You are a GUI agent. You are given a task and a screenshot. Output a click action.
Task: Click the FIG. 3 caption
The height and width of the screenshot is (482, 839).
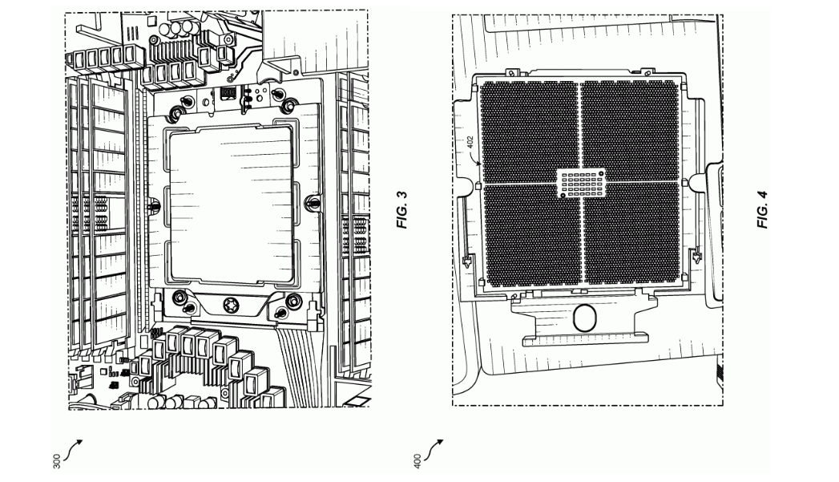(401, 209)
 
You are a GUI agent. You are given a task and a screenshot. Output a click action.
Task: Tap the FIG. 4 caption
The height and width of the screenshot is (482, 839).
(763, 209)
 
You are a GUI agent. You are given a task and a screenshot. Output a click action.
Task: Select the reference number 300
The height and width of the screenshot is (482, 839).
(57, 461)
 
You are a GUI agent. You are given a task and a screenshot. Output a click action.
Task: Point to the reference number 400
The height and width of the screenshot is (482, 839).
(417, 461)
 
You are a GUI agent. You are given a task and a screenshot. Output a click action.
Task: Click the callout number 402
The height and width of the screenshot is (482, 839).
(470, 143)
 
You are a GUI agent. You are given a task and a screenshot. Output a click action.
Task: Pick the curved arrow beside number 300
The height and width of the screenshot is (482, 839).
(73, 450)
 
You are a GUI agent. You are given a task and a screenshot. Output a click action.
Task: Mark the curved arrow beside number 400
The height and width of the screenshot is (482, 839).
(434, 450)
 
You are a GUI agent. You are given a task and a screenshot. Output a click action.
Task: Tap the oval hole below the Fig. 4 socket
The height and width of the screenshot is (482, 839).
(583, 318)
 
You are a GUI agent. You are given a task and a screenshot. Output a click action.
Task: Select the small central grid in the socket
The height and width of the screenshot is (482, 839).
(580, 183)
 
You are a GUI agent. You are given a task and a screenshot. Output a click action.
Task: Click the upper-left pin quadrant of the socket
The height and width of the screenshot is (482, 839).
(529, 132)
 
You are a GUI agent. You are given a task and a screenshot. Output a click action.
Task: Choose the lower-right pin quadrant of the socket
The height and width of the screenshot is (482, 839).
(631, 233)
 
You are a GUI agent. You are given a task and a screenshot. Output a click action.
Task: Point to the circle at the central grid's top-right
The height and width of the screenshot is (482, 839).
(601, 173)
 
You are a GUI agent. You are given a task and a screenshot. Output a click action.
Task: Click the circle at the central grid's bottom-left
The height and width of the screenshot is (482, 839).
(563, 196)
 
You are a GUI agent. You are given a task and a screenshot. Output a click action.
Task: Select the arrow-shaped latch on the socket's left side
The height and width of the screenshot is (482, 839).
(467, 261)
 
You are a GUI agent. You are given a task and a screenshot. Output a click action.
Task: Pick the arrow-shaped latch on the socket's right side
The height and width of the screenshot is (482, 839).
(696, 258)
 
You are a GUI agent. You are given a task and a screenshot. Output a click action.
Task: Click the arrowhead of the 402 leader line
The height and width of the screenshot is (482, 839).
(481, 165)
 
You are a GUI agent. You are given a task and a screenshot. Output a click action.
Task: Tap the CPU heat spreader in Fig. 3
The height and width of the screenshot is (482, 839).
(231, 204)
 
